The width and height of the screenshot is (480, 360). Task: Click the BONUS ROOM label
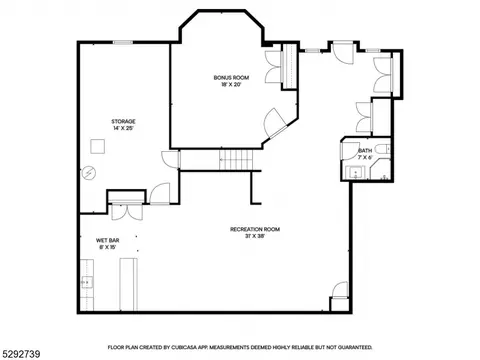231,78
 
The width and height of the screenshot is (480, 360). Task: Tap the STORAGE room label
123,121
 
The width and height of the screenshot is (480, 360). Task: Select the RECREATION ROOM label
255,229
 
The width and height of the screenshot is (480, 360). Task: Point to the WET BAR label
108,240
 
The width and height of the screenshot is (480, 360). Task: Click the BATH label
365,151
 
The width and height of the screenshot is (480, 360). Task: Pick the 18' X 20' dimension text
231,85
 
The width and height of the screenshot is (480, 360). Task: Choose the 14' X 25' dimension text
123,128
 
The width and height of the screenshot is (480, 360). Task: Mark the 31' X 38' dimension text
255,236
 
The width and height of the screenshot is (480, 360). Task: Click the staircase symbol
236,159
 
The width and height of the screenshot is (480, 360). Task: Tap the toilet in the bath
382,149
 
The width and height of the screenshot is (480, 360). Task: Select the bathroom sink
355,172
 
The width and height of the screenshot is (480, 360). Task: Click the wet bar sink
87,283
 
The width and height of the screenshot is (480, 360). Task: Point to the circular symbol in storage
89,173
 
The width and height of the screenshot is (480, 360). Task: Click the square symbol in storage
98,146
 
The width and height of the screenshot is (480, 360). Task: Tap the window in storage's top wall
123,42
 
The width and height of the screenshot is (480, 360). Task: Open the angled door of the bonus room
275,123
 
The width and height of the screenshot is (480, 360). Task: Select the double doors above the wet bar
127,211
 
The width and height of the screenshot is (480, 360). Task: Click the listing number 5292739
21,354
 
